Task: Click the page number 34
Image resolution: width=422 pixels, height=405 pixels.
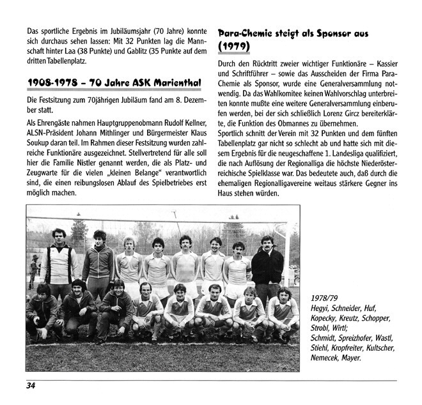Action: (30, 385)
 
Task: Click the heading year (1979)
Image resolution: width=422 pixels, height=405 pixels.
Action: (234, 47)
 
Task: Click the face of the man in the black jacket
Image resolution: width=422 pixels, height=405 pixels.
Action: (267, 243)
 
